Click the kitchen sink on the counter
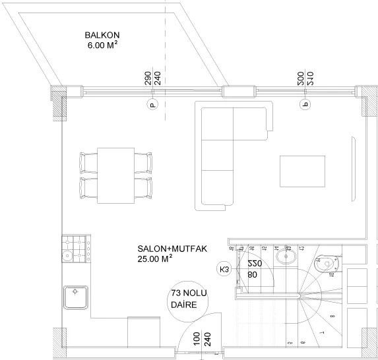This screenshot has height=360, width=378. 77,297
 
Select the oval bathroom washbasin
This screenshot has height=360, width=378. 287,256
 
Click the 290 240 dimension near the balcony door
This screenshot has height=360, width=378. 152,79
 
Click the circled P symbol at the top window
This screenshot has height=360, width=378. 152,104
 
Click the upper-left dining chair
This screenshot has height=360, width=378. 87,161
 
